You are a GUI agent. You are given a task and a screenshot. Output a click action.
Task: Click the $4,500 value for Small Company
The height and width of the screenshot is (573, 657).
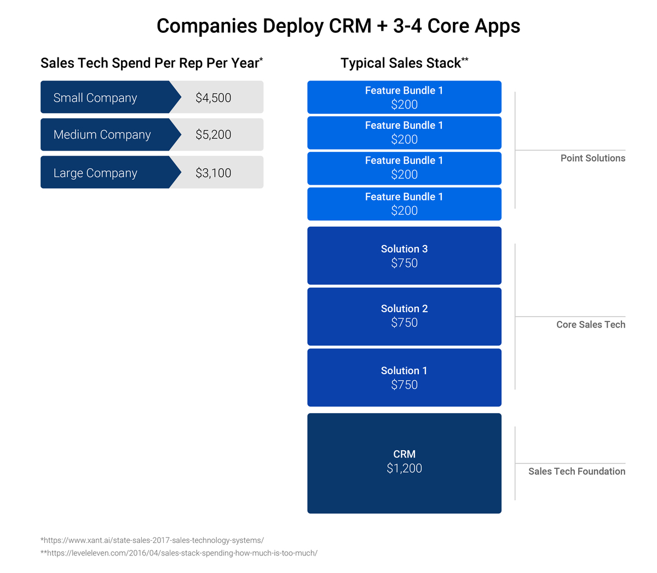point(213,98)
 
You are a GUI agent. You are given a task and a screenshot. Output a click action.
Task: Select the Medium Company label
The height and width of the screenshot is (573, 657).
point(102,135)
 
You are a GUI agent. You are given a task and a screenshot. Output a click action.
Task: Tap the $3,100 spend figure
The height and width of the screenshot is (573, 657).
point(213,173)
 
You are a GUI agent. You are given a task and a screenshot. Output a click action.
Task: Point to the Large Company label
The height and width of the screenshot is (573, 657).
point(95,173)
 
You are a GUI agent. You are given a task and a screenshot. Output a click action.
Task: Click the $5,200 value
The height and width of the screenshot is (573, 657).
point(213,135)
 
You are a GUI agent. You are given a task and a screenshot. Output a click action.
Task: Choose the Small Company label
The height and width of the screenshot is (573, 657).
point(95,98)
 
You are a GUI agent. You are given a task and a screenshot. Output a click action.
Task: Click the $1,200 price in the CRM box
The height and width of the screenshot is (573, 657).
point(404,468)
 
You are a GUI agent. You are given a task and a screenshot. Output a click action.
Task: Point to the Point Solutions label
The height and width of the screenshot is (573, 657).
point(592,158)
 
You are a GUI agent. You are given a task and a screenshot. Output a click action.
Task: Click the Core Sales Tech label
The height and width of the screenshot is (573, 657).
point(590,325)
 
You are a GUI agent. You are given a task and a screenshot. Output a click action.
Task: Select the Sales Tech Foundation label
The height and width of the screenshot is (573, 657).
point(577,472)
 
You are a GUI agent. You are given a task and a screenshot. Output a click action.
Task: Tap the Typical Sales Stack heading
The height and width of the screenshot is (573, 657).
point(404,64)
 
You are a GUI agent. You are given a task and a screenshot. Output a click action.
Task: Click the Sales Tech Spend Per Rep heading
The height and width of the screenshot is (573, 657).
point(151,64)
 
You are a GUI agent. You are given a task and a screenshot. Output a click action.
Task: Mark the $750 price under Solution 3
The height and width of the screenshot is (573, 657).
point(404,263)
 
